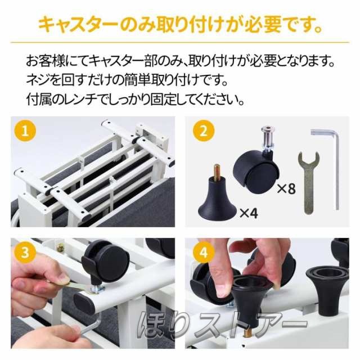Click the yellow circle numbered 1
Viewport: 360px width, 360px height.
tap(25, 131)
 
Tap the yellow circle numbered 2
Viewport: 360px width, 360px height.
tap(204, 131)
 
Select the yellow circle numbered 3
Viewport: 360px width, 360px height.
tap(25, 253)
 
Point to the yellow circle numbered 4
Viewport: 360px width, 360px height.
tap(204, 253)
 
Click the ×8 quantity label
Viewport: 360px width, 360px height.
tap(286, 188)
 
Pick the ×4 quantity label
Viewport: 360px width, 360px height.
tap(249, 213)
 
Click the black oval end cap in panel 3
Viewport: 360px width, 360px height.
tap(84, 304)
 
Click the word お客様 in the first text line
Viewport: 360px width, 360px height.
tap(45, 61)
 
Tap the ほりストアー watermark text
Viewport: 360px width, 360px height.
tap(222, 325)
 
